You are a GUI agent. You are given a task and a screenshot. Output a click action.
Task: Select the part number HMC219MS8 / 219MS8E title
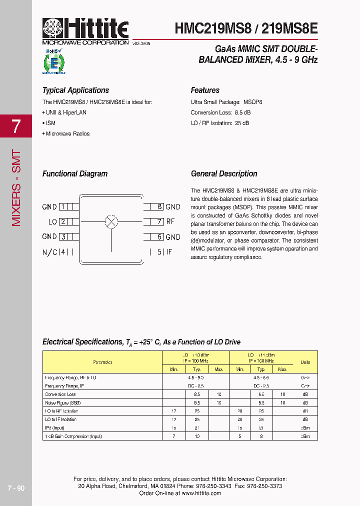[x=246, y=28]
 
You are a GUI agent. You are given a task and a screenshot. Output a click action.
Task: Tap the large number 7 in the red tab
[x=16, y=126]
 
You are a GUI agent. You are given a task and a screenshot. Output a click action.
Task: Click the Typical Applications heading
[x=75, y=90]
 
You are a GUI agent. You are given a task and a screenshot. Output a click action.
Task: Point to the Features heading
[x=205, y=90]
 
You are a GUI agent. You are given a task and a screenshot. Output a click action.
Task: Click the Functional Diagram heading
[x=75, y=174]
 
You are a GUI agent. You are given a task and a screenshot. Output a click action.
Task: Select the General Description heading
[x=224, y=174]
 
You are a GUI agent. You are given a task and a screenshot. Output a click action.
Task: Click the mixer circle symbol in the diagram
[x=111, y=221]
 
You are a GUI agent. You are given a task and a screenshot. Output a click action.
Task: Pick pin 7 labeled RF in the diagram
[x=159, y=221]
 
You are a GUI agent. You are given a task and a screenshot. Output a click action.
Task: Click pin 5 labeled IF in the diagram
[x=159, y=252]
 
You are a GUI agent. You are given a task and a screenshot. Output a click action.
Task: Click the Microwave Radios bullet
[x=67, y=134]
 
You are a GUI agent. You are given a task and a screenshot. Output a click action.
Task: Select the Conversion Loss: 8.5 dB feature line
[x=220, y=112]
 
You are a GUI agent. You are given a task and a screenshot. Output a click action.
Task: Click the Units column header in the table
[x=305, y=362]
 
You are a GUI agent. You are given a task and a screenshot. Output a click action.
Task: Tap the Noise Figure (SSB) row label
[x=63, y=402]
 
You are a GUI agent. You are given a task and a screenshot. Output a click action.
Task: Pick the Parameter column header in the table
[x=102, y=362]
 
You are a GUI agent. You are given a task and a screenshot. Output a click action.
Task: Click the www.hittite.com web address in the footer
[x=201, y=493]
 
